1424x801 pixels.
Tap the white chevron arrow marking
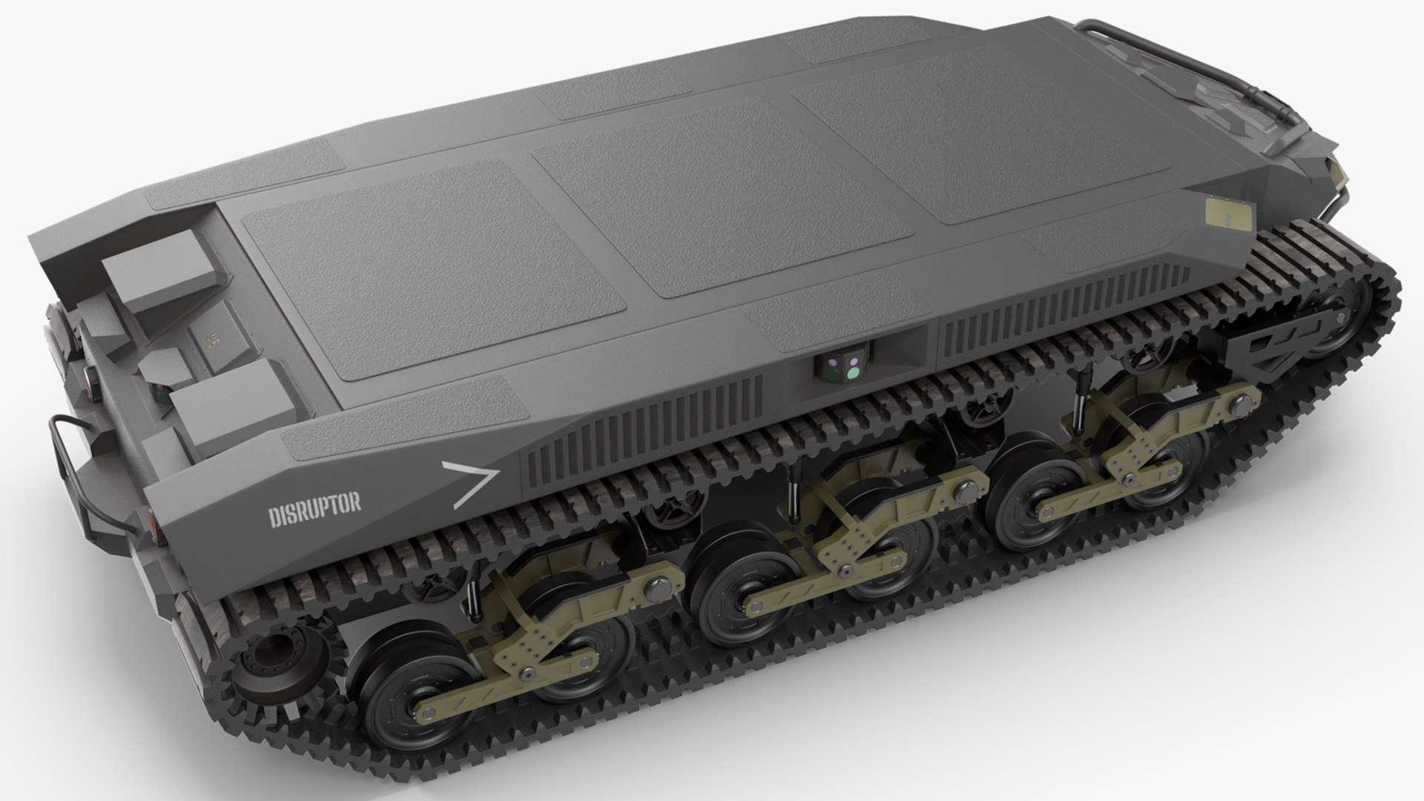(x=470, y=484)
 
